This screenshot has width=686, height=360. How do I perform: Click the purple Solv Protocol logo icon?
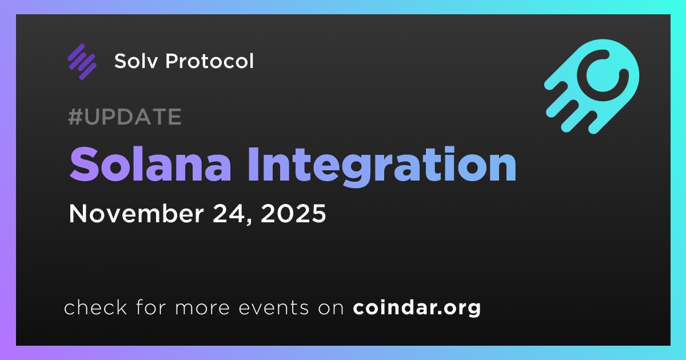pos(82,62)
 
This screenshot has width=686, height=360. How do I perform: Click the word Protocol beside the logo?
pos(209,61)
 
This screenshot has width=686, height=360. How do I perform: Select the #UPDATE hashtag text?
pos(125,117)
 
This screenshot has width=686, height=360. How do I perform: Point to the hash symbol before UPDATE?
pos(75,117)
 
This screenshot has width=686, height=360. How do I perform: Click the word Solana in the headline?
pos(150,165)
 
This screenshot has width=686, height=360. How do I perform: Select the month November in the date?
pos(136,213)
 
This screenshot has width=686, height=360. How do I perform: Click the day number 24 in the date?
pos(229,213)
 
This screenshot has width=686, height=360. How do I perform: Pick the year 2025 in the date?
pos(293,213)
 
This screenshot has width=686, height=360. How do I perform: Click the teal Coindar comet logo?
pos(592,86)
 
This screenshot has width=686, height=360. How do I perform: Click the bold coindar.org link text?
pos(417,307)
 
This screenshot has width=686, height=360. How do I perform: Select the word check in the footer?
pos(95,307)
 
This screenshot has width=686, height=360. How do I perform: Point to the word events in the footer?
pos(273,308)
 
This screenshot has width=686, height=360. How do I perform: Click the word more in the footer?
pos(202,309)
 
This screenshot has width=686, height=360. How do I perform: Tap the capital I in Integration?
pos(254,165)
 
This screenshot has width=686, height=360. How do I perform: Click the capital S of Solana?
pos(83,165)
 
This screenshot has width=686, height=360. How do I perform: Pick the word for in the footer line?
pos(151,307)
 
